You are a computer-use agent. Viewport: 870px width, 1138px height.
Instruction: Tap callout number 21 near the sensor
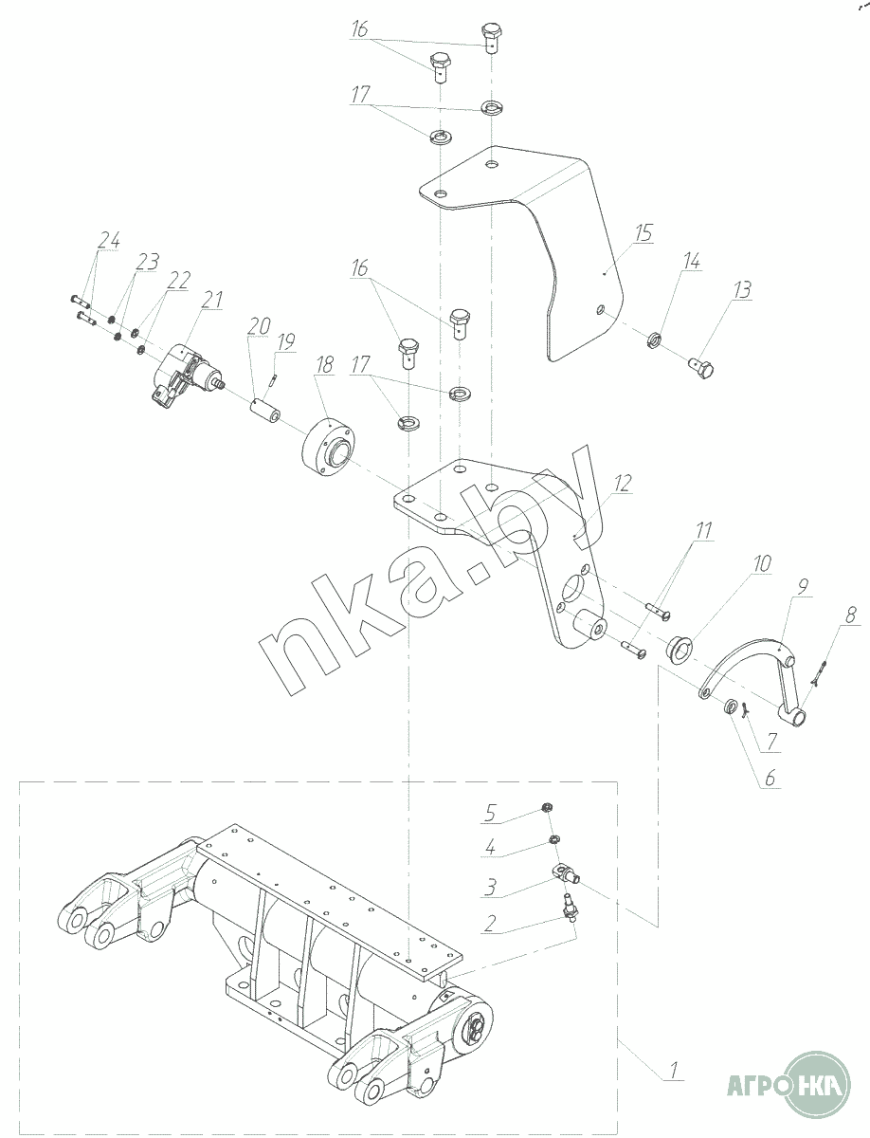[x=211, y=300]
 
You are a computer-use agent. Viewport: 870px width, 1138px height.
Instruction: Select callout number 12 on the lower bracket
[x=623, y=484]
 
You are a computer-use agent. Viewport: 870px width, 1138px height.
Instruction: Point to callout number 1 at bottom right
[x=674, y=1069]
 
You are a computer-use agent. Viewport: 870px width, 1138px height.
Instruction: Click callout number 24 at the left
[x=109, y=240]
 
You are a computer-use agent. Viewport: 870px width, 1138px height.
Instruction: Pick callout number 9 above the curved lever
[x=803, y=586]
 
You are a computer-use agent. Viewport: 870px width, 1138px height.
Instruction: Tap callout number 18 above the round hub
[x=324, y=364]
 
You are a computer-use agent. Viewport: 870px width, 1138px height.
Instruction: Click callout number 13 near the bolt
[x=742, y=290]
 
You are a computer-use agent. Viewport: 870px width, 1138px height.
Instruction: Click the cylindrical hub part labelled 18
[x=328, y=447]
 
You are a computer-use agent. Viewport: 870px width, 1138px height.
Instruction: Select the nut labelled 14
[x=655, y=340]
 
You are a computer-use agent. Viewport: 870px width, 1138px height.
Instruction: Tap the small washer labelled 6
[x=731, y=706]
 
